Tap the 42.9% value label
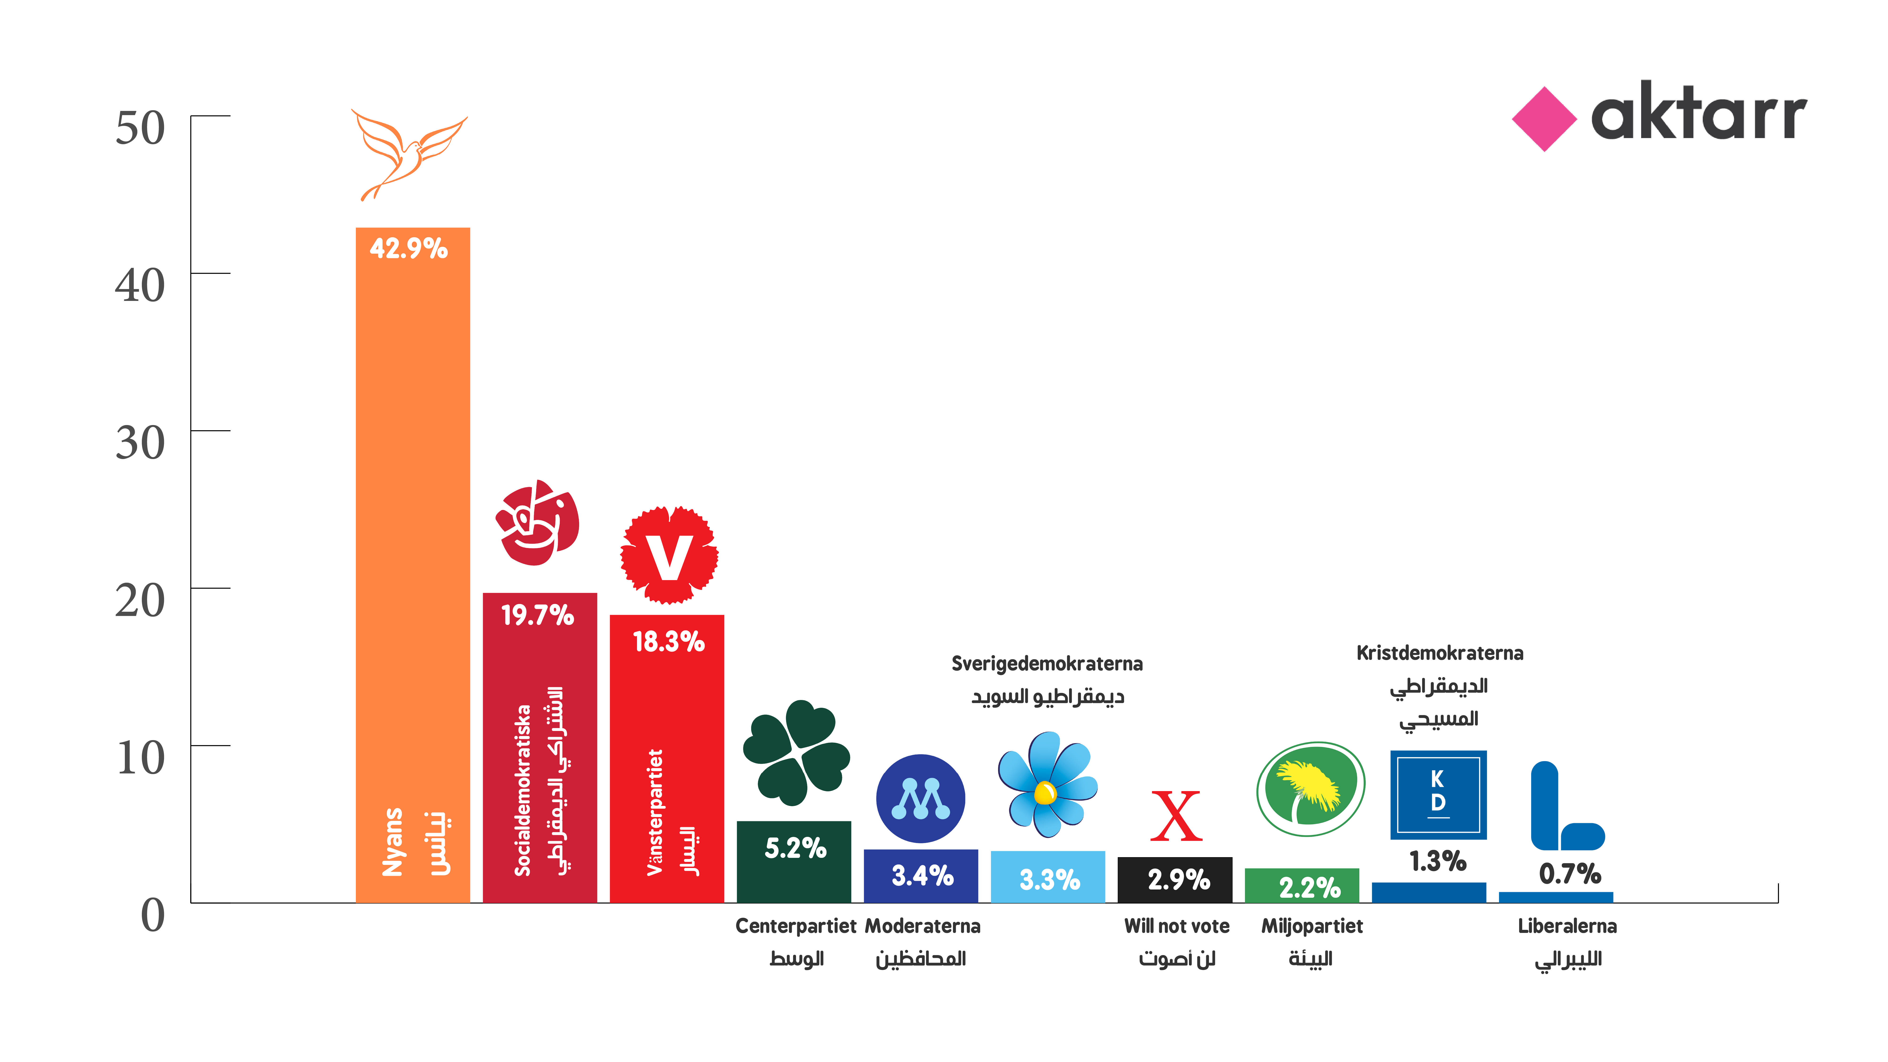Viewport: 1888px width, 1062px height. pyautogui.click(x=408, y=249)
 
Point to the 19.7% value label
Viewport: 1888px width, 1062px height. pyautogui.click(x=537, y=615)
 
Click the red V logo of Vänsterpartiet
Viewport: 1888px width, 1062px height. pyautogui.click(x=669, y=555)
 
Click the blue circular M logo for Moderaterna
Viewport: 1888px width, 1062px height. pyautogui.click(x=921, y=798)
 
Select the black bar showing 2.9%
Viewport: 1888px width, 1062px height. pyautogui.click(x=1175, y=880)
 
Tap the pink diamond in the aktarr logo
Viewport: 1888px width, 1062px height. pyautogui.click(x=1544, y=119)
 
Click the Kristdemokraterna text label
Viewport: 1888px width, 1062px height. pyautogui.click(x=1439, y=653)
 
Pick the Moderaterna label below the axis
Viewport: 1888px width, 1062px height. pyautogui.click(x=922, y=926)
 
